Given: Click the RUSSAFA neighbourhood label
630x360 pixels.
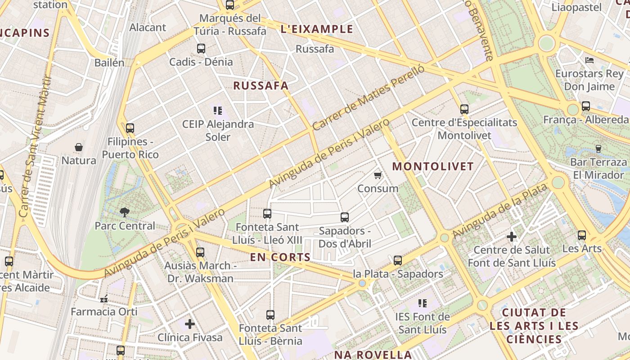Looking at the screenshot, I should click(x=261, y=85).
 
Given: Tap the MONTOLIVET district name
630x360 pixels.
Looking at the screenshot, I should click(x=433, y=166).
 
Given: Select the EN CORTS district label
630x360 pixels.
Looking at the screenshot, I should click(x=280, y=257).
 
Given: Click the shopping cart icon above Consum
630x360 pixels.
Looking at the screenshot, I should click(x=378, y=175).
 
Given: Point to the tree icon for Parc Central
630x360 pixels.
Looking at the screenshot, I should click(x=124, y=212).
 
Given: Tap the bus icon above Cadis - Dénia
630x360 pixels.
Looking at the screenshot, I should click(x=201, y=48).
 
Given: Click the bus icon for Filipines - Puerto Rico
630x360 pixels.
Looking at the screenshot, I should click(x=130, y=128).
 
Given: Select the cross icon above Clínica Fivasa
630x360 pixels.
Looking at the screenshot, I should click(x=190, y=323).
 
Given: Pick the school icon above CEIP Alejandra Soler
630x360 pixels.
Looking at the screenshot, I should click(x=218, y=110).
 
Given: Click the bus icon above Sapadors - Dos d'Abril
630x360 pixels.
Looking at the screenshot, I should click(x=345, y=217).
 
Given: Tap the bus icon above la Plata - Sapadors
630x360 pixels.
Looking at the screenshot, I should click(x=397, y=260).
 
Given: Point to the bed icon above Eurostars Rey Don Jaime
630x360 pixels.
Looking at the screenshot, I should click(x=589, y=60).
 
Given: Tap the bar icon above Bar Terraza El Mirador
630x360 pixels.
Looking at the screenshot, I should click(x=598, y=148).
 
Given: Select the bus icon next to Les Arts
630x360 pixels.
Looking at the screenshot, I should click(x=582, y=235).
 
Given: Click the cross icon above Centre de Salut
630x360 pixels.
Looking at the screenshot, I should click(x=512, y=236).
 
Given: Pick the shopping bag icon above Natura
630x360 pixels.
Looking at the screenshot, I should click(x=79, y=147).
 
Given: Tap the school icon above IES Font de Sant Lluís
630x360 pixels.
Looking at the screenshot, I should click(x=422, y=303).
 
